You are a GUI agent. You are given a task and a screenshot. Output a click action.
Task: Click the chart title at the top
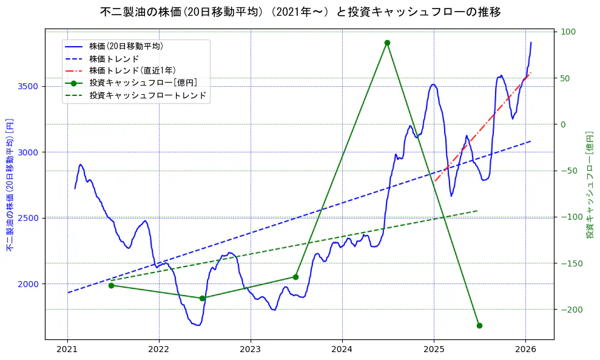click(300, 12)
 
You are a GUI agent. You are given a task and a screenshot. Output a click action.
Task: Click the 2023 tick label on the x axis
click(251, 350)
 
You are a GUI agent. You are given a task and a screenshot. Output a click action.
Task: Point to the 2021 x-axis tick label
click(67, 350)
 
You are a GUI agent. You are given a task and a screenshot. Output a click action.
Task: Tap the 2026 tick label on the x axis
click(525, 350)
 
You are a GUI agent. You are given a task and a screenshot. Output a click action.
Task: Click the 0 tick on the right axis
click(562, 124)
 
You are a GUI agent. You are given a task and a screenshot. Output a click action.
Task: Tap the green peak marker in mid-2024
click(387, 42)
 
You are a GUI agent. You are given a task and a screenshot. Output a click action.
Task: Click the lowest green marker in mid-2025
click(479, 325)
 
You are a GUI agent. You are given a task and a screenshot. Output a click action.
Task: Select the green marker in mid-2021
click(111, 285)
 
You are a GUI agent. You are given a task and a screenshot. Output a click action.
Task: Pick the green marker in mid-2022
click(202, 298)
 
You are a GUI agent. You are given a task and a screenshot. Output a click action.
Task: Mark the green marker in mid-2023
click(295, 277)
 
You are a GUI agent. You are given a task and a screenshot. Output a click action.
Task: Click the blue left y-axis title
click(10, 185)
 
